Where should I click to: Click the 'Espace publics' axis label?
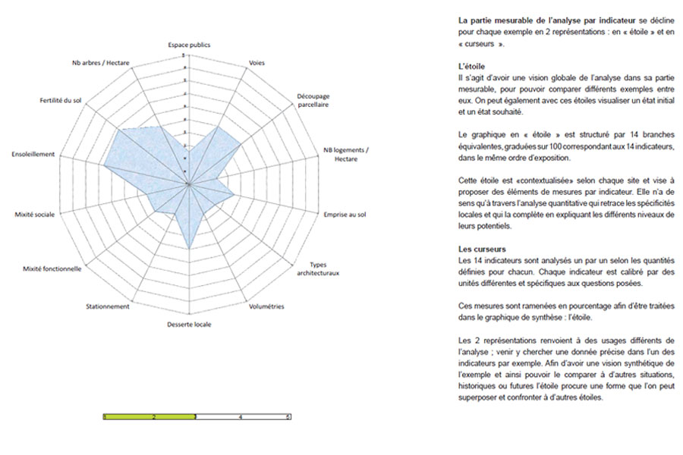pos(189,45)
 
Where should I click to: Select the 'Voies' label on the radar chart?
pos(257,62)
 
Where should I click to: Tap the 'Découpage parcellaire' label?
pos(313,101)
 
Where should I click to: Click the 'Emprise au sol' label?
pos(345,215)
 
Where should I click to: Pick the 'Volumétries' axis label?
pos(266,306)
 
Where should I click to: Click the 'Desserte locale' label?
pos(189,325)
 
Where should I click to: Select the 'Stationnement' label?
pos(108,306)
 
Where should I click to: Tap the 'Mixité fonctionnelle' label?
pos(52,268)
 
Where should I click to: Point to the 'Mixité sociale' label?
pos(35,215)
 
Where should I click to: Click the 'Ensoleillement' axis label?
pos(33,154)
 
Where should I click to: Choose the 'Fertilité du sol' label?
pos(61,100)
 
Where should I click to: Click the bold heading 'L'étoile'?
pos(471,67)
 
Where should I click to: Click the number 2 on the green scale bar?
pos(153,417)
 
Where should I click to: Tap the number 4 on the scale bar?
pos(241,417)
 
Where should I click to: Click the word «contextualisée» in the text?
pos(523,182)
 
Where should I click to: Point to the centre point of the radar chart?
pos(187,184)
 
